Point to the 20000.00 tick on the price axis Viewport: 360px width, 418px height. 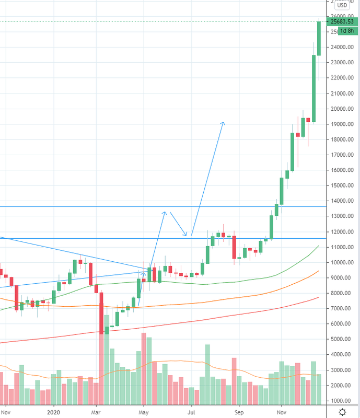tap(343, 109)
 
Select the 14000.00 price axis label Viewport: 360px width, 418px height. tap(343, 201)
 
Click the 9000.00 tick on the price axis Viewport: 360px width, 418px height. tap(343, 277)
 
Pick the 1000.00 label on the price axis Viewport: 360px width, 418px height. tap(343, 400)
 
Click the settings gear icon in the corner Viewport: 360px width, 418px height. tap(342, 411)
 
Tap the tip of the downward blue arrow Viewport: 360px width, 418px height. tap(185, 234)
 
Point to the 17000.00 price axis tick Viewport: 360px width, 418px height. tap(343, 155)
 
